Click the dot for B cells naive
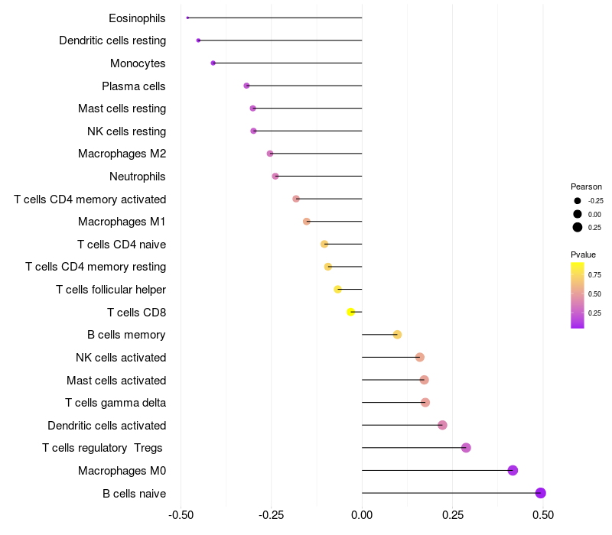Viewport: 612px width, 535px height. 540,493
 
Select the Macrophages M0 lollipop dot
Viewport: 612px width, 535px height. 513,470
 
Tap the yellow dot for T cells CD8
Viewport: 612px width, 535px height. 351,312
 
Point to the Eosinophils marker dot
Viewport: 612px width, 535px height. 187,18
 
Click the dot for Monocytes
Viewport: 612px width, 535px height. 213,63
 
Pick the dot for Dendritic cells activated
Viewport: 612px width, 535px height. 442,425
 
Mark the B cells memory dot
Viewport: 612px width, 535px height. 397,335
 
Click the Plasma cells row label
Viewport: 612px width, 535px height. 134,86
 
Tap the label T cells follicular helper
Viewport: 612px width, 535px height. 111,290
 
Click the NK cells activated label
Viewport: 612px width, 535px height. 121,358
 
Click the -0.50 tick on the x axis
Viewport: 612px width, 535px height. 181,516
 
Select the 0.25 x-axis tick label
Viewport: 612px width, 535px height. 452,516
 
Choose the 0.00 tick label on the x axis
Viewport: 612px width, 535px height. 362,516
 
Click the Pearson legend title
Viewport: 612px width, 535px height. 586,186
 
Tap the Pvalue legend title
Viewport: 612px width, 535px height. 583,255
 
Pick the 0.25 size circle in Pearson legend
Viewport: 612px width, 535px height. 578,227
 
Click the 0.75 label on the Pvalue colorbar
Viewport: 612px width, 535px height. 594,274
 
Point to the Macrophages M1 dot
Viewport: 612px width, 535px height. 307,222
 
